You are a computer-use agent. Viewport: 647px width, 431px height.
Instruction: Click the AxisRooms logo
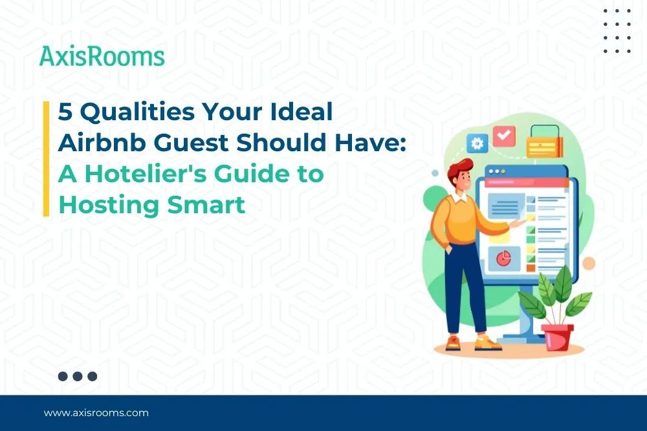tap(102, 56)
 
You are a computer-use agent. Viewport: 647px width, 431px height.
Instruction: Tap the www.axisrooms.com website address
tap(96, 412)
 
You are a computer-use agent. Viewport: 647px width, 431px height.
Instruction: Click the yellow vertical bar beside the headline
tap(47, 158)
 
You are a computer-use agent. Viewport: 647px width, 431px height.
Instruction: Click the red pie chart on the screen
tap(503, 258)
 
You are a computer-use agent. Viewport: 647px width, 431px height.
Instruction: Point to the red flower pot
tap(558, 337)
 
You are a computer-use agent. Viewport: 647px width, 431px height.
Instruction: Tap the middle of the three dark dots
tap(78, 376)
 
